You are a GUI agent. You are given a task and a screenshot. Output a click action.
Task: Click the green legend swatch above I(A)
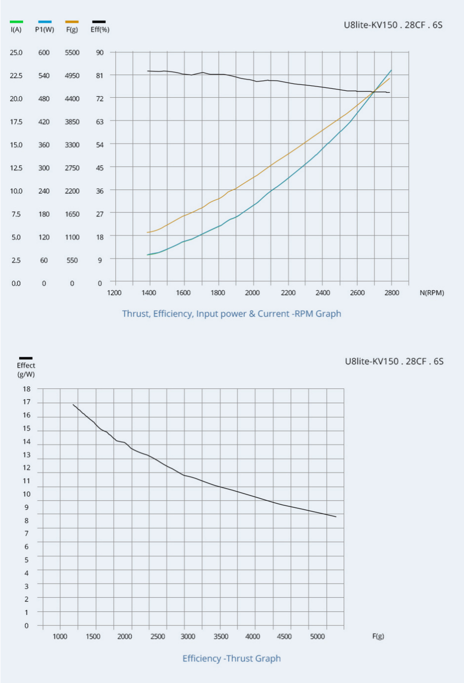tap(16, 22)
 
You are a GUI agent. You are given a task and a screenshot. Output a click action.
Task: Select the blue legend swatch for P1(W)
tap(44, 22)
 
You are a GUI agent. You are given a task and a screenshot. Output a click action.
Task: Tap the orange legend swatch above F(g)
tap(72, 22)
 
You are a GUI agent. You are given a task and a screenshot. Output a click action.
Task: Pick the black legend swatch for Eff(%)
tap(99, 22)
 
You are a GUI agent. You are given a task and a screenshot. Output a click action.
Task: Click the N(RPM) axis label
tap(431, 293)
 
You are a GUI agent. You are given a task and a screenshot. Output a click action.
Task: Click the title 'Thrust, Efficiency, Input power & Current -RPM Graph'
tap(232, 314)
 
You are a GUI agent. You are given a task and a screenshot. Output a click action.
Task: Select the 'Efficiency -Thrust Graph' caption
tap(232, 658)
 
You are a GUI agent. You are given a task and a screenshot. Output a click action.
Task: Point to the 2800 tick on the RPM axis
tap(391, 293)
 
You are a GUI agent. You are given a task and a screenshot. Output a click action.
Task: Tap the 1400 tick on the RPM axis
tap(149, 293)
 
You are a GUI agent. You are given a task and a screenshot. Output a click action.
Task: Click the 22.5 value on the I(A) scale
tap(16, 76)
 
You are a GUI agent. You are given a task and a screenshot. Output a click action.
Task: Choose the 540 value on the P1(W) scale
tap(44, 76)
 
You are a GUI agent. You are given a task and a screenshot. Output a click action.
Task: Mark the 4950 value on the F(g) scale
tap(72, 76)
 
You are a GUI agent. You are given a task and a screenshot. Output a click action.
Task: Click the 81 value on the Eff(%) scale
tap(100, 76)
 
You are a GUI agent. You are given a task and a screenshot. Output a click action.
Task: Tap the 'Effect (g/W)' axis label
tap(26, 370)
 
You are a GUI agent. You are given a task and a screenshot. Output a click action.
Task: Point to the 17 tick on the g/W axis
tap(27, 402)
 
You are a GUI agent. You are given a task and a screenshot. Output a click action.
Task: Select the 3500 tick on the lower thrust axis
tap(221, 637)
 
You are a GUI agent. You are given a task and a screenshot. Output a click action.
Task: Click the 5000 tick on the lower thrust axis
tap(317, 637)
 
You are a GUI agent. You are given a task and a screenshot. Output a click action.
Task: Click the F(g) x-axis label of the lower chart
tap(378, 636)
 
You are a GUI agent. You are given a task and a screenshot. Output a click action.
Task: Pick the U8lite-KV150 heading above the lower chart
tap(394, 361)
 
